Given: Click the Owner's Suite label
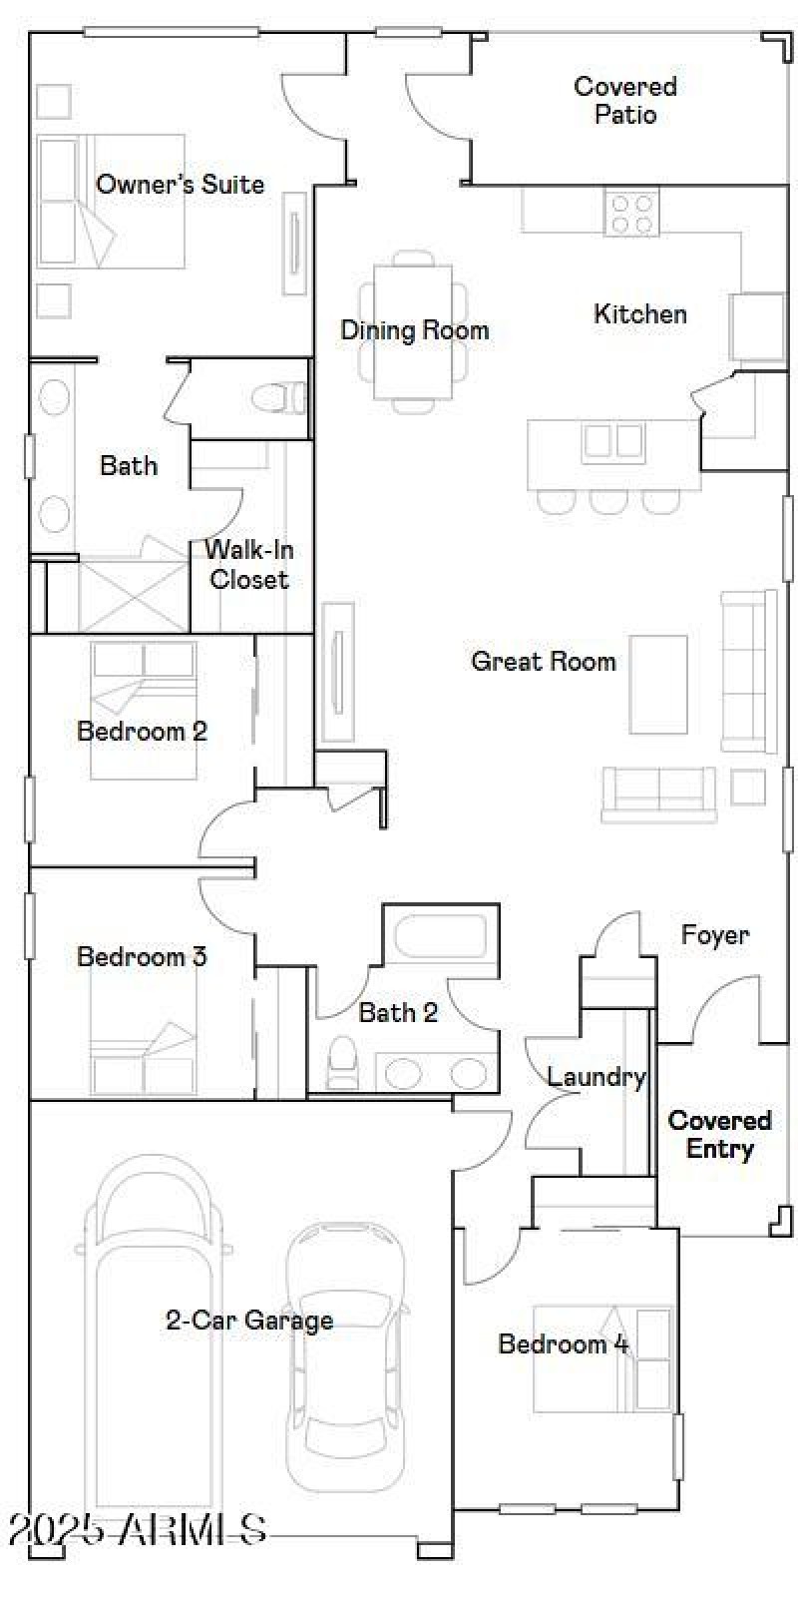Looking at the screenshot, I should (x=180, y=185).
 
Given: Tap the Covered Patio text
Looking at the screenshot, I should (x=625, y=100).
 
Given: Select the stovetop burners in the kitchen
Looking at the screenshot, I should (x=631, y=214).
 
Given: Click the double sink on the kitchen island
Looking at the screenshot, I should (x=613, y=440).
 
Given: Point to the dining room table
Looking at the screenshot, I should (x=413, y=332).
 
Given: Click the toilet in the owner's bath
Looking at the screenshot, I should (x=279, y=398).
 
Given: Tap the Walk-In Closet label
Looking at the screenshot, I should (x=248, y=564).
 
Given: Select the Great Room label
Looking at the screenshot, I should (x=543, y=661).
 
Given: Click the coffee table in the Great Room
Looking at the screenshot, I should (x=658, y=684).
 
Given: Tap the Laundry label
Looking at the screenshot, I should (x=596, y=1077).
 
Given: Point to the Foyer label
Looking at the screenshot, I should (x=714, y=935).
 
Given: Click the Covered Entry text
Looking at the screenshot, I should (x=719, y=1135).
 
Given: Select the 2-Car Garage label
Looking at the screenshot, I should (x=249, y=1321).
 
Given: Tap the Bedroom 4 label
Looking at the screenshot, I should (x=564, y=1343).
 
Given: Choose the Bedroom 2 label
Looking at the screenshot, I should (x=142, y=731).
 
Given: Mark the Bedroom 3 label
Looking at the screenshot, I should (x=142, y=956).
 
